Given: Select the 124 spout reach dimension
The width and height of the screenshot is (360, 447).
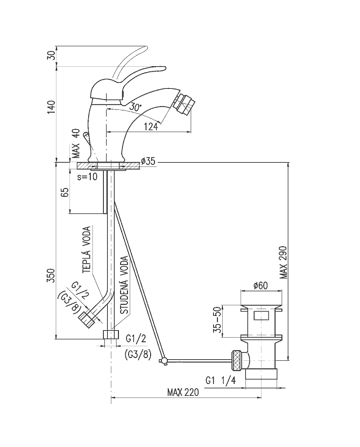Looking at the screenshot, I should [152, 127].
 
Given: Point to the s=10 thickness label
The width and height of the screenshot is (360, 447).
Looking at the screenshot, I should [86, 177].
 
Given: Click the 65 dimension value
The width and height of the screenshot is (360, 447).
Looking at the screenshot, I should [65, 193].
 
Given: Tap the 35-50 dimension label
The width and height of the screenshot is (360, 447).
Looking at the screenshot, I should [218, 321].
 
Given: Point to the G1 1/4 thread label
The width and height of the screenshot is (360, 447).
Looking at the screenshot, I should [221, 381].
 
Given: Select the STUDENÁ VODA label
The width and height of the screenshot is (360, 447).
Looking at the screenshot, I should [124, 284].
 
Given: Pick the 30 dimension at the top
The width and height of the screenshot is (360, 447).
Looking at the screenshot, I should [52, 55].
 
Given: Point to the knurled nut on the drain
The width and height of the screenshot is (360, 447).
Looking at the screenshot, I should [236, 358].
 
